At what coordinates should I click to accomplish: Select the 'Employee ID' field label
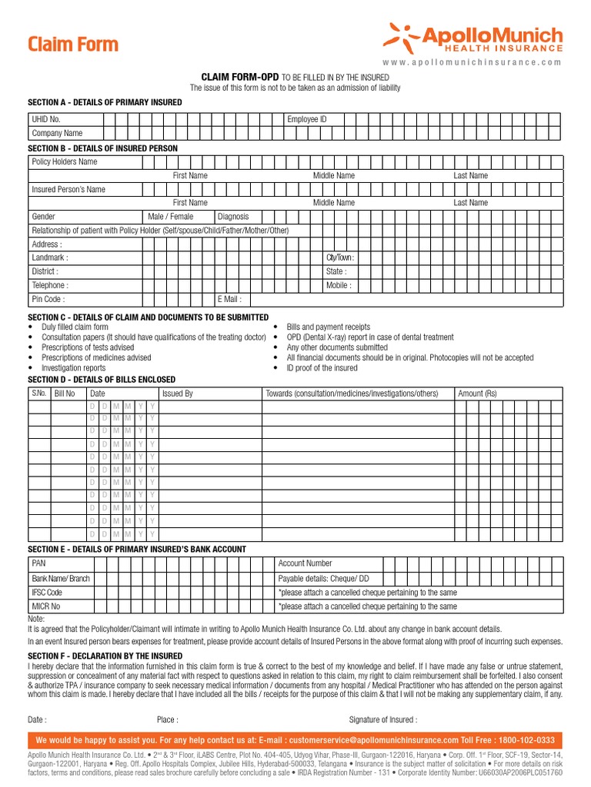[307, 119]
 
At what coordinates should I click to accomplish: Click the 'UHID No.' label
[45, 119]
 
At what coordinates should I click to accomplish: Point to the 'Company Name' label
[57, 133]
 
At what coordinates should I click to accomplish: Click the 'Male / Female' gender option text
[171, 217]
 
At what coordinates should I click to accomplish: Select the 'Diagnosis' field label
[234, 217]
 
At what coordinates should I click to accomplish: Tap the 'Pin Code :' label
[48, 299]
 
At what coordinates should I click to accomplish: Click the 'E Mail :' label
[230, 299]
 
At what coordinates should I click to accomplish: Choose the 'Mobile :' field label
[339, 285]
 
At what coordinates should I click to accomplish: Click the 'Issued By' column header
[177, 393]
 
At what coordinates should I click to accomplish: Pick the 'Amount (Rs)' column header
[477, 393]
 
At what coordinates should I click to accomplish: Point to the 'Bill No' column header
[65, 393]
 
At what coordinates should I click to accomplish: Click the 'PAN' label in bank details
[38, 563]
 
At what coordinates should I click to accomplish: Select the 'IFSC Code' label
[47, 593]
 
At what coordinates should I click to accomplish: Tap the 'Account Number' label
[305, 563]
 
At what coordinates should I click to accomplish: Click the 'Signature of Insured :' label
[383, 720]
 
